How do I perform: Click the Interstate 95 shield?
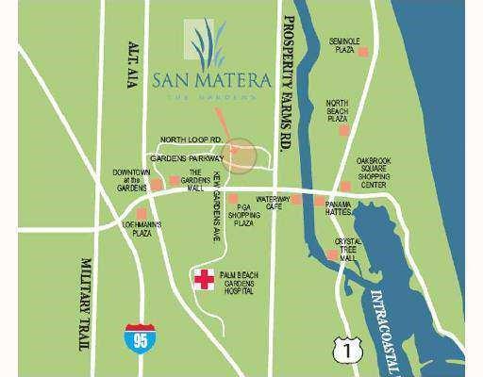pyautogui.click(x=136, y=336)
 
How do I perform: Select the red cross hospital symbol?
pyautogui.click(x=202, y=279)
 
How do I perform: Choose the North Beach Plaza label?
pyautogui.click(x=339, y=111)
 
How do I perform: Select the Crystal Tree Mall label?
pyautogui.click(x=348, y=248)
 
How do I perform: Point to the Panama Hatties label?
pyautogui.click(x=339, y=209)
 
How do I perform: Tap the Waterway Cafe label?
pyautogui.click(x=272, y=204)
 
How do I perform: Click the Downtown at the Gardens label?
pyautogui.click(x=132, y=181)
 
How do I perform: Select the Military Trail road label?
pyautogui.click(x=87, y=306)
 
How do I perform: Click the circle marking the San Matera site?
pyautogui.click(x=241, y=156)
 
